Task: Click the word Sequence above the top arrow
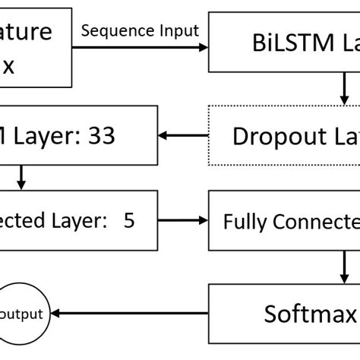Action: click(x=112, y=31)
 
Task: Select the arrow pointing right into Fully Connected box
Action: click(x=183, y=220)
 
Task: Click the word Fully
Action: click(x=242, y=223)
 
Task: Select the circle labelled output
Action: click(x=25, y=313)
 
